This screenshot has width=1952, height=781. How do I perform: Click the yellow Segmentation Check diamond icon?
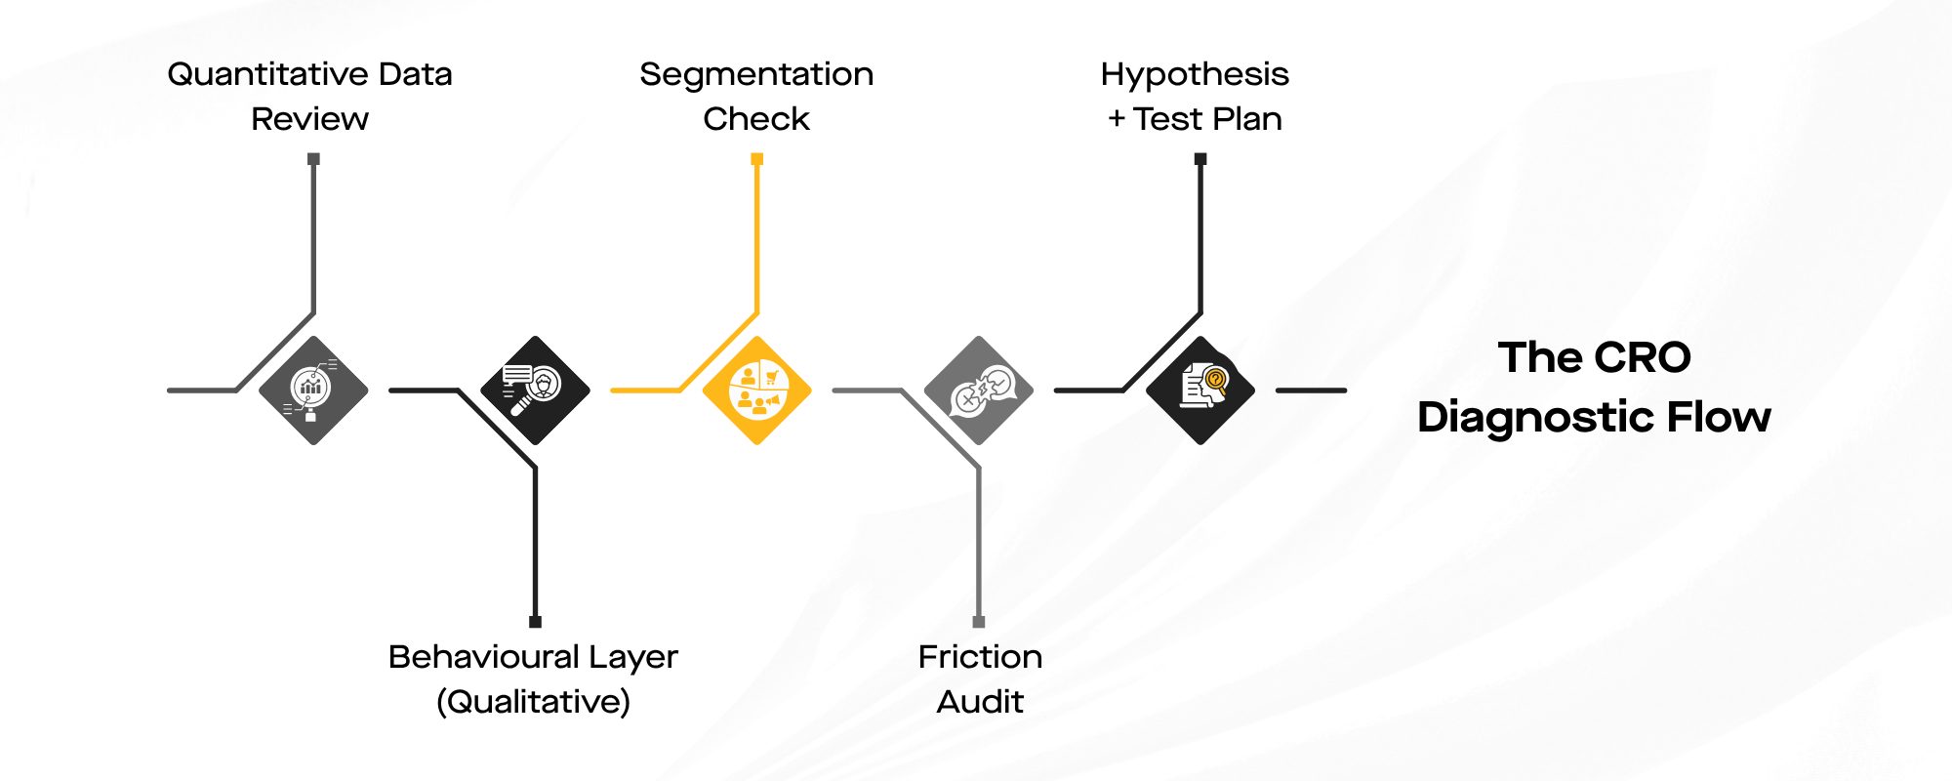(x=756, y=390)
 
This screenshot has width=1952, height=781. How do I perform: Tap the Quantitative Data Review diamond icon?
(x=313, y=390)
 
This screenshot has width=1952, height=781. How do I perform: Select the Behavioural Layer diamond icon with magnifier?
(x=535, y=390)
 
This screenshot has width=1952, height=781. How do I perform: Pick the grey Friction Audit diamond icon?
(x=978, y=390)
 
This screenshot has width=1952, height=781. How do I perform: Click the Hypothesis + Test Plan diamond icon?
(x=1200, y=390)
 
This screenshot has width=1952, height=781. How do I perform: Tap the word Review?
(x=309, y=119)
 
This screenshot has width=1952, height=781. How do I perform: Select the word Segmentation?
(x=756, y=75)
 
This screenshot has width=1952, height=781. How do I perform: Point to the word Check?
(x=756, y=119)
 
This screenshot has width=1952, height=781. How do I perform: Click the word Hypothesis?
(x=1195, y=75)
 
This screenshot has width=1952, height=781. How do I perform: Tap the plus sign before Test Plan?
(x=1117, y=120)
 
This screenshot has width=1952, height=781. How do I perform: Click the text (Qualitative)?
(x=533, y=702)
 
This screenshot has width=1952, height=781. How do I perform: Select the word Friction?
(x=980, y=657)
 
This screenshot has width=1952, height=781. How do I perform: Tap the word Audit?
(x=980, y=702)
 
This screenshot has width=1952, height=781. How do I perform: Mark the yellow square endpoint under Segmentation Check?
(x=756, y=158)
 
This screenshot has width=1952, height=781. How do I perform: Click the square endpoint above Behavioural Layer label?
(x=535, y=622)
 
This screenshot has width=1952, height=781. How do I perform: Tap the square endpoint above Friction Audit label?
(x=979, y=622)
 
